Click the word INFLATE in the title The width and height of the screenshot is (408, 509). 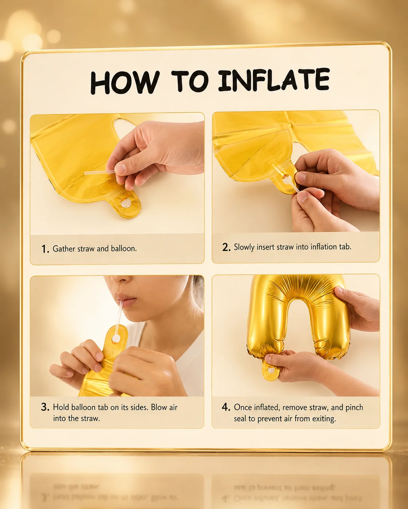tap(274, 80)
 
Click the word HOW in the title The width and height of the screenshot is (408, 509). tap(125, 83)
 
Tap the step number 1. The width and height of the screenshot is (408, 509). tap(45, 249)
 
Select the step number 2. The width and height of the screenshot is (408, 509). tap(226, 247)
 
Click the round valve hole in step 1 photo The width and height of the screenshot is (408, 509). tap(125, 203)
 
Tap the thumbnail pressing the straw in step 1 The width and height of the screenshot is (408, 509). tap(120, 168)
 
